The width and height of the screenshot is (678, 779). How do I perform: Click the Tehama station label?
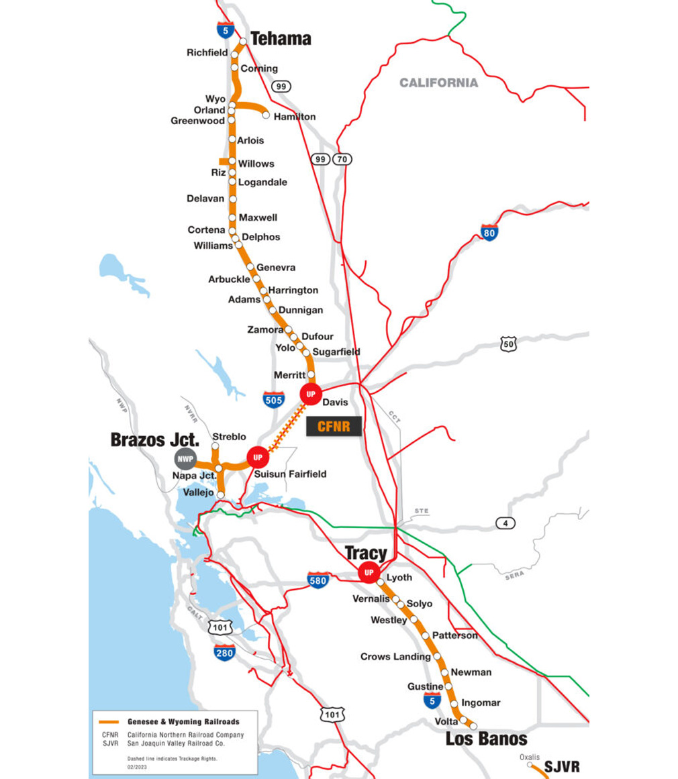pos(281,39)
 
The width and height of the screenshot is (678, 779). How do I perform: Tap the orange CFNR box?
pos(334,426)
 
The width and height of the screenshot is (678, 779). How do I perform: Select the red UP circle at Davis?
pos(310,394)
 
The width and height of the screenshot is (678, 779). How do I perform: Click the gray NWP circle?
pos(185,459)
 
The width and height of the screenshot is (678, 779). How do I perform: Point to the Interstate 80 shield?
pos(490,233)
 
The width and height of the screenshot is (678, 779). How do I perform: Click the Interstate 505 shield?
pos(273,399)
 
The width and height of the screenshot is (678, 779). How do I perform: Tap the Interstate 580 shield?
pos(318,580)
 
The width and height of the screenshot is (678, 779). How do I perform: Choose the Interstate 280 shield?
pos(225,652)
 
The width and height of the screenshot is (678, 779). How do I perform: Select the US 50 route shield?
pos(509,344)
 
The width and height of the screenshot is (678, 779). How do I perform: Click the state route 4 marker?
pos(505,523)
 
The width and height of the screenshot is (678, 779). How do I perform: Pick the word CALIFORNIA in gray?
pos(438,83)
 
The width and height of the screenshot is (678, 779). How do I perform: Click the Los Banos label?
pos(487,739)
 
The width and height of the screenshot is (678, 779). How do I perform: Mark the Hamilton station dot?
pos(266,116)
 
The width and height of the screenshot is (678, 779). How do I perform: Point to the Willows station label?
pos(256,164)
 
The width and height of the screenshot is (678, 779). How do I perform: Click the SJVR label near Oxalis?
pos(562,766)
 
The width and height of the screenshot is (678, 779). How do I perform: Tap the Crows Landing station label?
pos(395,656)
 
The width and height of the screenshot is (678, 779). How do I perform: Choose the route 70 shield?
pos(342,159)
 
